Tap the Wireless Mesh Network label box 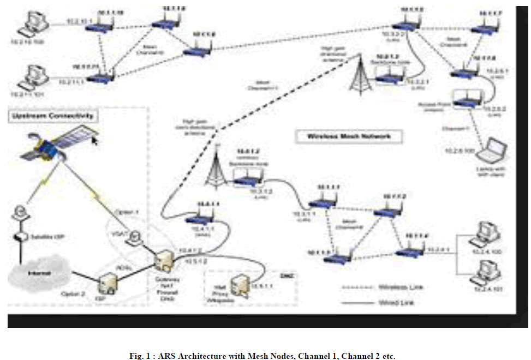tap(349, 136)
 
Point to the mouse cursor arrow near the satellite tap(96, 141)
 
